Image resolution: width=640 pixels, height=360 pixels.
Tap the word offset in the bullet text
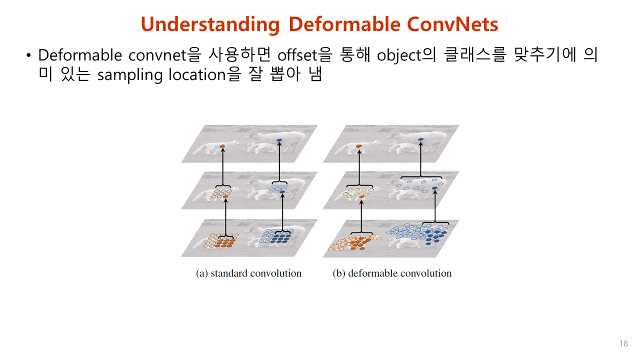(x=294, y=54)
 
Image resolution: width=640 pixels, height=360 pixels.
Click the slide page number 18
(x=623, y=343)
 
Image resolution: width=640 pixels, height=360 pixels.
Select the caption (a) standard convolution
(x=248, y=273)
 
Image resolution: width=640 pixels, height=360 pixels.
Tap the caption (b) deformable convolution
(x=392, y=273)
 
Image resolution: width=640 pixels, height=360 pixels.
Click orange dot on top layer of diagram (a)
(x=222, y=146)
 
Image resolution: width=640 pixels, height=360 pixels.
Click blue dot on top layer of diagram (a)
(x=279, y=139)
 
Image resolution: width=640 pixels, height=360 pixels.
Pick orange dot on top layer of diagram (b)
(x=359, y=146)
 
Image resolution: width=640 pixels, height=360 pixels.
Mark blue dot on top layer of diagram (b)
(x=421, y=138)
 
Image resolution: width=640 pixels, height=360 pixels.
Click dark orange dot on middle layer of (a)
(x=225, y=197)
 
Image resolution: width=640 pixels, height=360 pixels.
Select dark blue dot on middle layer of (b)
(x=434, y=188)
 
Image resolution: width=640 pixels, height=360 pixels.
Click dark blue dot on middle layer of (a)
(x=282, y=192)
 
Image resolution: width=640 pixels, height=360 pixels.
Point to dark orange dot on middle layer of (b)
(x=361, y=197)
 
